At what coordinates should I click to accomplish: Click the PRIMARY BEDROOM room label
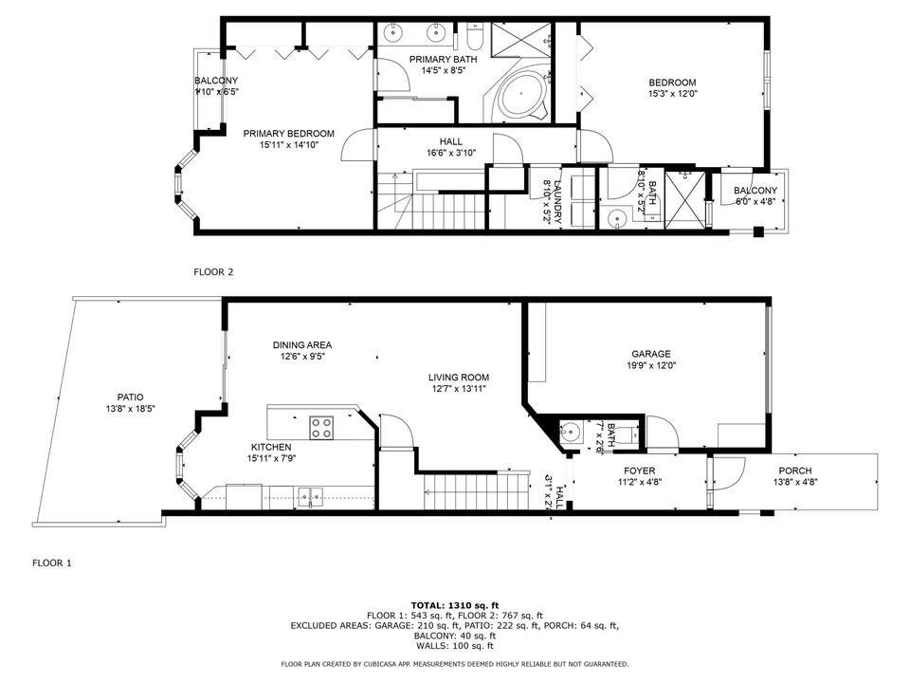click(x=288, y=134)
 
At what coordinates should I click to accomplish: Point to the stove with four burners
click(x=322, y=427)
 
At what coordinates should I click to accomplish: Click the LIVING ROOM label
click(x=457, y=376)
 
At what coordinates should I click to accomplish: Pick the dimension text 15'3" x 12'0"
click(x=672, y=94)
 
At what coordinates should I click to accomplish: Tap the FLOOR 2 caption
click(x=213, y=272)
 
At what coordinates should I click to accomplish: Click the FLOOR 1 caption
click(x=52, y=563)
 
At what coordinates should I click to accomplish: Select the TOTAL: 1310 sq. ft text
click(x=454, y=604)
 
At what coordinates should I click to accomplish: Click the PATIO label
click(x=131, y=397)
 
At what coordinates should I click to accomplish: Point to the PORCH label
click(x=794, y=471)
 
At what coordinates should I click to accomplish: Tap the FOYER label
click(x=639, y=471)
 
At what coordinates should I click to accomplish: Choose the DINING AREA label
click(x=301, y=345)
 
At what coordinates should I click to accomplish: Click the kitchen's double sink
click(x=309, y=494)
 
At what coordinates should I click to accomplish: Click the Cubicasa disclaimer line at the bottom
click(x=454, y=664)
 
